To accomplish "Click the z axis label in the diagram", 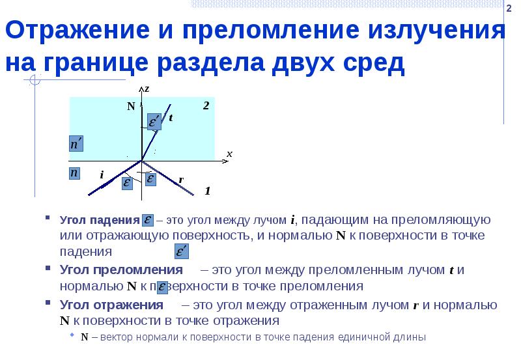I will (x=147, y=89).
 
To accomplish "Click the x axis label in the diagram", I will (x=229, y=154).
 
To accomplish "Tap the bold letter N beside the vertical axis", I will (x=130, y=106).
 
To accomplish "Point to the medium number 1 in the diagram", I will (x=207, y=191).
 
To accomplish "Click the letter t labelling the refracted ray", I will (x=171, y=118).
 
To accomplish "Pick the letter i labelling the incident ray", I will (x=102, y=175).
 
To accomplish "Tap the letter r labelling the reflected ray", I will (x=181, y=180).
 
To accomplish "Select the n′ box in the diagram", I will (x=76, y=144).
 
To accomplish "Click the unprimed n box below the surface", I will (x=75, y=173).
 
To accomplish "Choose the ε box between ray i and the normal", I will (x=126, y=184).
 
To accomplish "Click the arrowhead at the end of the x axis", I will (x=222, y=159).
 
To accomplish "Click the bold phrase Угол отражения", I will (x=111, y=305).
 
